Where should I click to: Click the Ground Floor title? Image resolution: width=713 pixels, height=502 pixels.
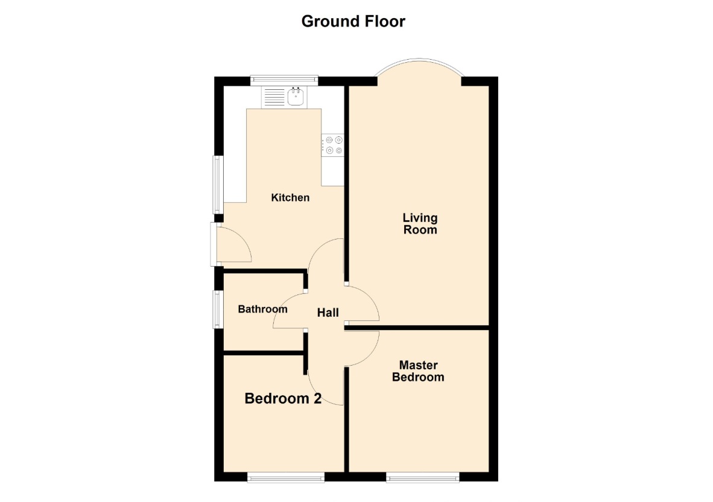click(353, 21)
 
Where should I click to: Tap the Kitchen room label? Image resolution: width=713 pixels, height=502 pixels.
click(290, 197)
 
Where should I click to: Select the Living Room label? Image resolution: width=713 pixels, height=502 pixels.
click(420, 224)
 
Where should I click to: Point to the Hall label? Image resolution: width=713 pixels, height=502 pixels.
click(328, 313)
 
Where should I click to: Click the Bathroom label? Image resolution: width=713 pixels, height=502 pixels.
click(262, 309)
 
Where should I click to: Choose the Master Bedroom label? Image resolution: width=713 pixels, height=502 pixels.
click(418, 371)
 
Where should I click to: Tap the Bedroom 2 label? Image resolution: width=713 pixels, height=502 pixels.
click(283, 398)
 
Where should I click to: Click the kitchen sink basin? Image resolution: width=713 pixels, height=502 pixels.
click(296, 97)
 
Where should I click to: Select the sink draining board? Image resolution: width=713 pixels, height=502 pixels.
click(274, 97)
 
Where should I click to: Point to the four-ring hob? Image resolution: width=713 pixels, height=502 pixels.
click(333, 145)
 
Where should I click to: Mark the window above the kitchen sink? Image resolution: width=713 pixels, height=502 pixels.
click(284, 80)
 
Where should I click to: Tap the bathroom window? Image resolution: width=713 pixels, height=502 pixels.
click(218, 309)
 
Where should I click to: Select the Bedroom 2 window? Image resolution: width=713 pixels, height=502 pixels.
click(285, 477)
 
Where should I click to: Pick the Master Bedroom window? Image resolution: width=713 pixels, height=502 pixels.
click(422, 477)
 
